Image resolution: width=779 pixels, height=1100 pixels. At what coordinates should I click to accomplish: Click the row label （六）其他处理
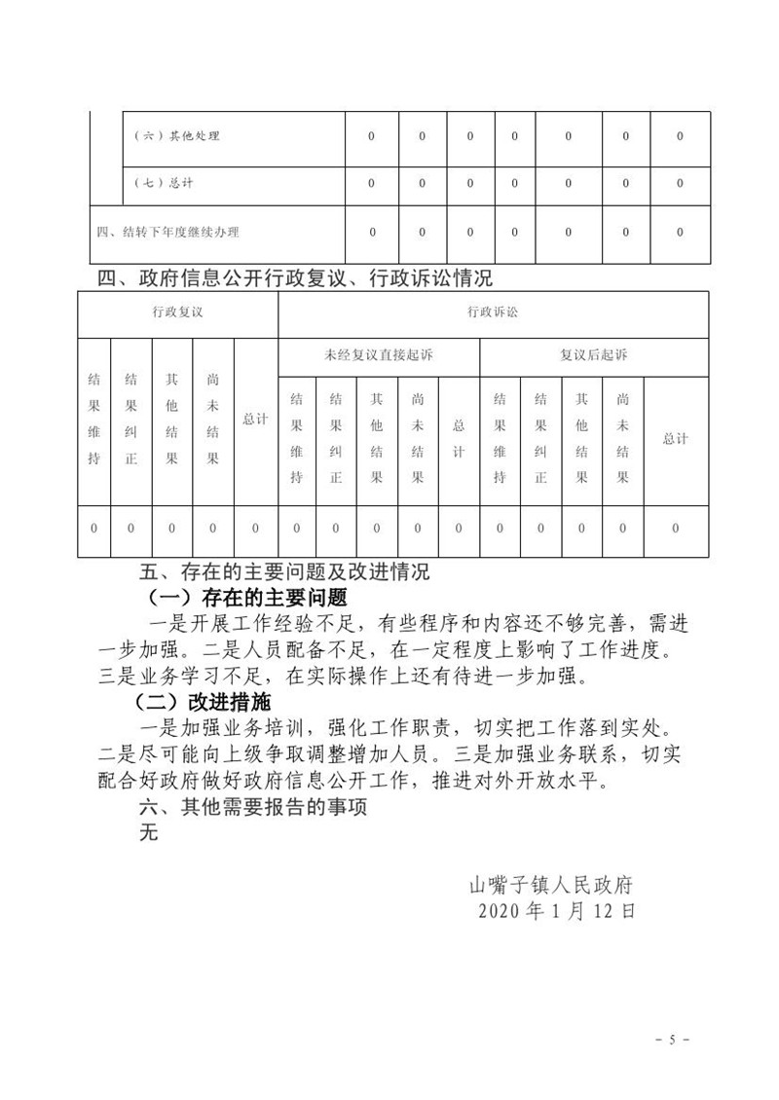[x=176, y=136]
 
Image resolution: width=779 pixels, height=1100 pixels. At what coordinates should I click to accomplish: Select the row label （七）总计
[x=162, y=183]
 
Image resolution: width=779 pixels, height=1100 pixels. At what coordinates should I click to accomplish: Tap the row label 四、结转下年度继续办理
[x=167, y=233]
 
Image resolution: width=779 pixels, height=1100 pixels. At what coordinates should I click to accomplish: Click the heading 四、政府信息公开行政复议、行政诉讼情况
[x=297, y=279]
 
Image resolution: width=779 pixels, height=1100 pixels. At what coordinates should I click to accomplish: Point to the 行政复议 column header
[x=177, y=312]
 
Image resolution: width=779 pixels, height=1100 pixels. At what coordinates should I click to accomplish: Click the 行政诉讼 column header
[x=493, y=312]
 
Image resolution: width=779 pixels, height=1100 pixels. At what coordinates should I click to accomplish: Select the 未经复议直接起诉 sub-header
[x=379, y=355]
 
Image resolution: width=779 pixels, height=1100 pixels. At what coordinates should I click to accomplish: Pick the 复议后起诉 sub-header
[x=594, y=355]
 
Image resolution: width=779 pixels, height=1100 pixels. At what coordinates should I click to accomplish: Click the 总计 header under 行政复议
[x=255, y=420]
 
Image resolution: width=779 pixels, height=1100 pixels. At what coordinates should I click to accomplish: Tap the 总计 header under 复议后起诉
[x=676, y=438]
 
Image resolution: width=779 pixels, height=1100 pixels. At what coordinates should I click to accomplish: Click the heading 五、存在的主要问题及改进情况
[x=285, y=569]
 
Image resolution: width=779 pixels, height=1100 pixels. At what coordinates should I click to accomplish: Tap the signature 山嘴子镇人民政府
[x=552, y=885]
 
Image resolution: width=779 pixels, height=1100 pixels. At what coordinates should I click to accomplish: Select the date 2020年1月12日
[x=557, y=911]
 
